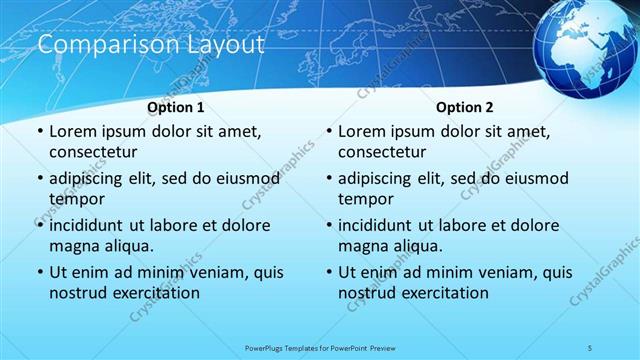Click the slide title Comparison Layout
(150, 45)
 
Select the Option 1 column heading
(176, 107)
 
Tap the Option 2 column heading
(465, 107)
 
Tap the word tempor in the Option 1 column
(76, 199)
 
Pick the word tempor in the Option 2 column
(365, 199)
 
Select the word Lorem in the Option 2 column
(362, 131)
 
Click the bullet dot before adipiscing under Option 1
(39, 179)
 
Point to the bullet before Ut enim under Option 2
(328, 272)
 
